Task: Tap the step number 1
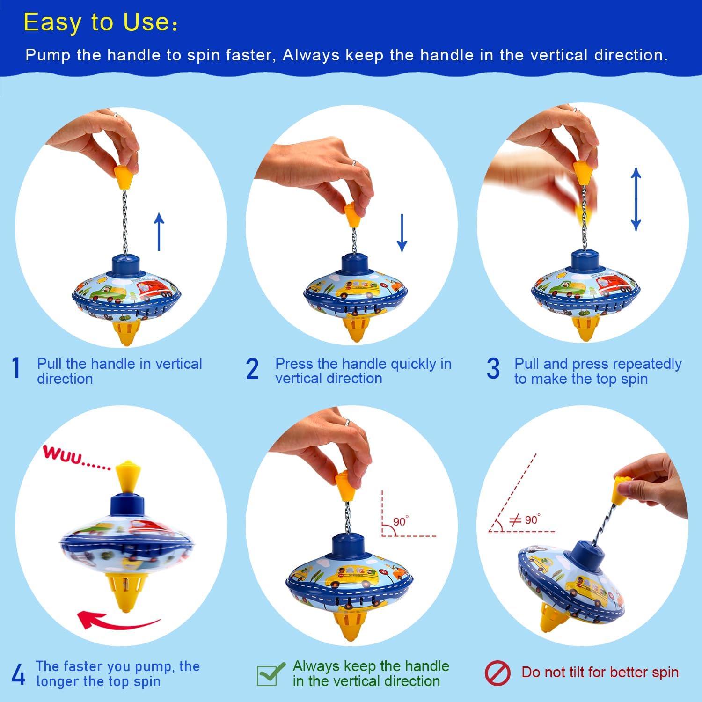pos(16,368)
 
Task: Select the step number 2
pos(252,369)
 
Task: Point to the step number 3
pos(493,369)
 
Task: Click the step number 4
pos(18,674)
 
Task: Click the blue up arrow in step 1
pos(159,231)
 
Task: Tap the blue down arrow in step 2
pos(402,232)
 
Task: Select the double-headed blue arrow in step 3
pos(635,199)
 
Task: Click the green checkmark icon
pos(271,673)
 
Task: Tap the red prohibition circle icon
pos(497,673)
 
